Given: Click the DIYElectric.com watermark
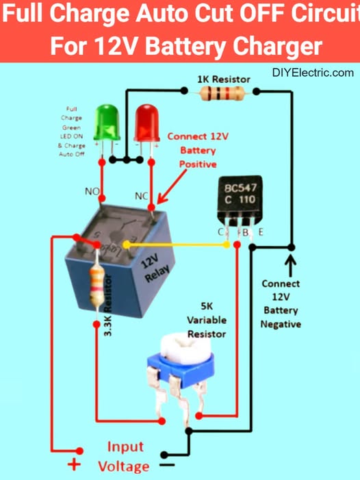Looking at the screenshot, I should click(x=313, y=73).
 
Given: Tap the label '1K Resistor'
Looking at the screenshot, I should click(x=223, y=79).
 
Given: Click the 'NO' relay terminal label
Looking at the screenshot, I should click(x=92, y=191).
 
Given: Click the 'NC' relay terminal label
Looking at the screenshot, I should click(x=142, y=196).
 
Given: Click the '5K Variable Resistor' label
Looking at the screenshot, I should click(x=206, y=320).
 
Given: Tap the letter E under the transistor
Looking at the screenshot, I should click(x=261, y=233).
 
